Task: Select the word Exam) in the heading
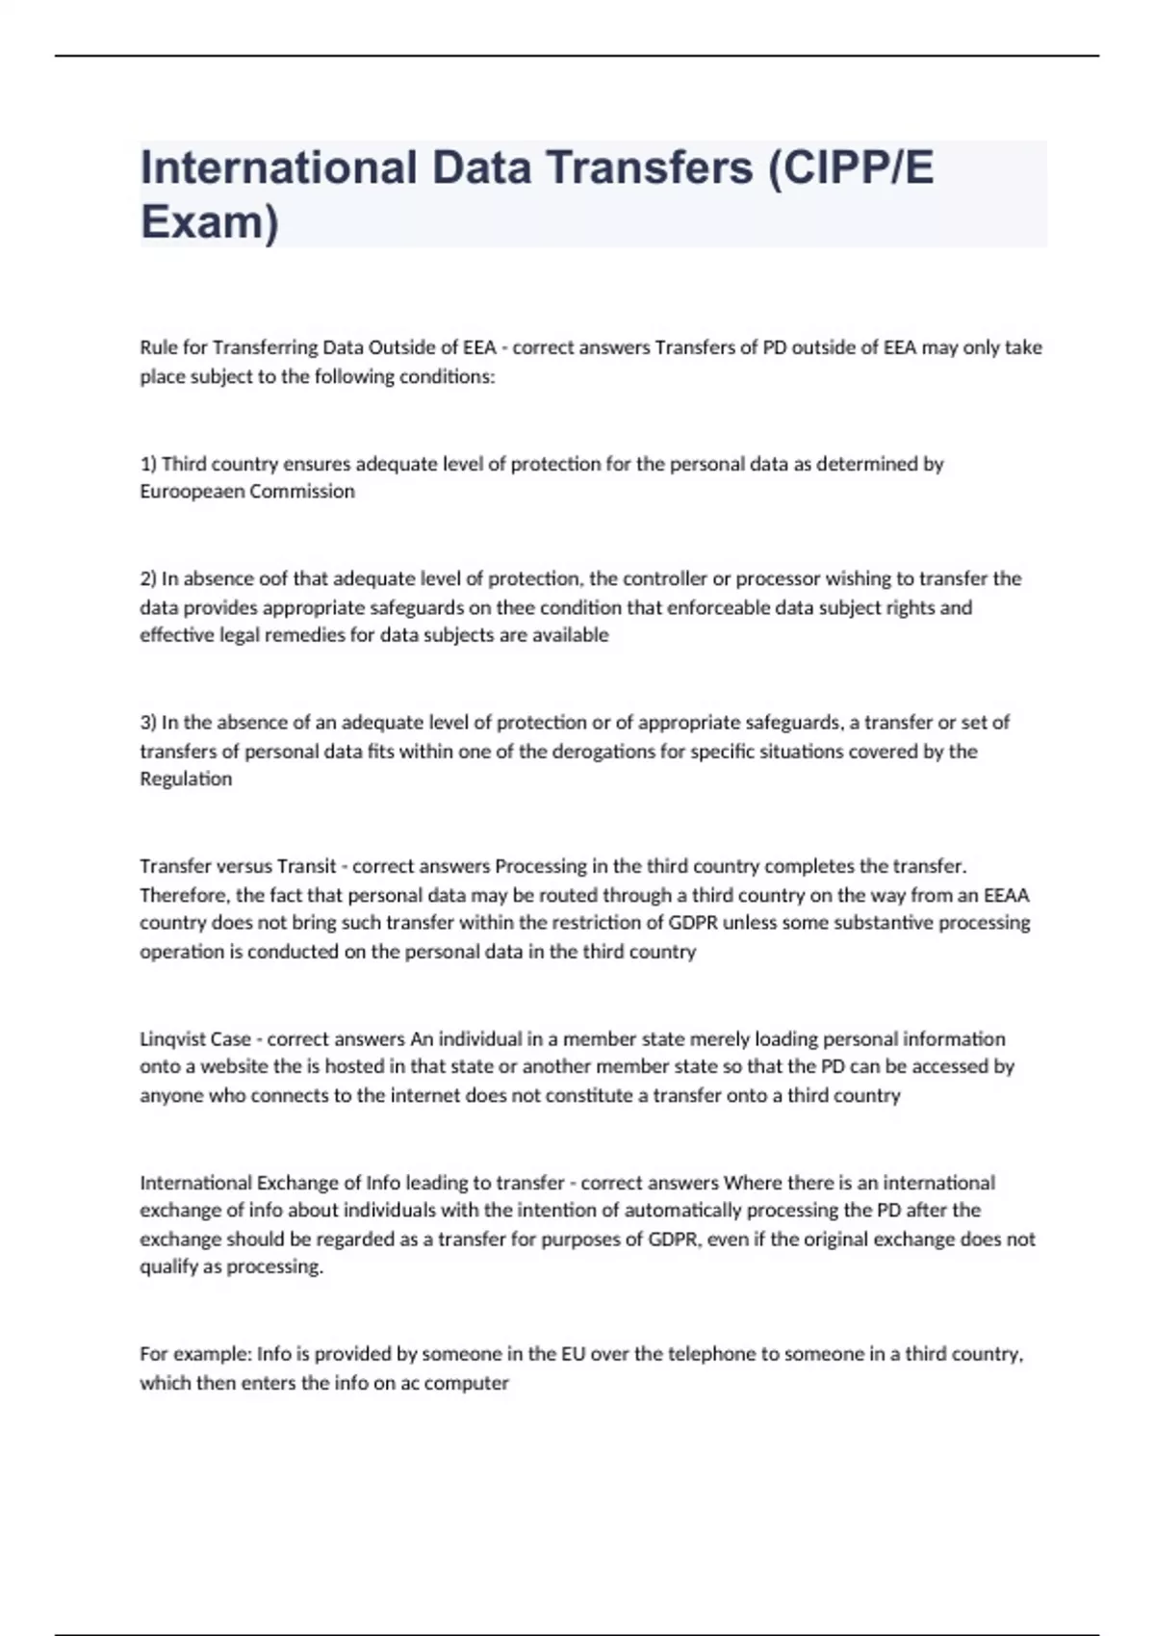coord(210,221)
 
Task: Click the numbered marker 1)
coord(148,464)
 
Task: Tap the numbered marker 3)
coord(148,723)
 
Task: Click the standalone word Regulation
coord(186,780)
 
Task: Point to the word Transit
coord(306,866)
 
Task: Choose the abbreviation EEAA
coord(1006,895)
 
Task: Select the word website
coord(235,1067)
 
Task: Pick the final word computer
coord(466,1383)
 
